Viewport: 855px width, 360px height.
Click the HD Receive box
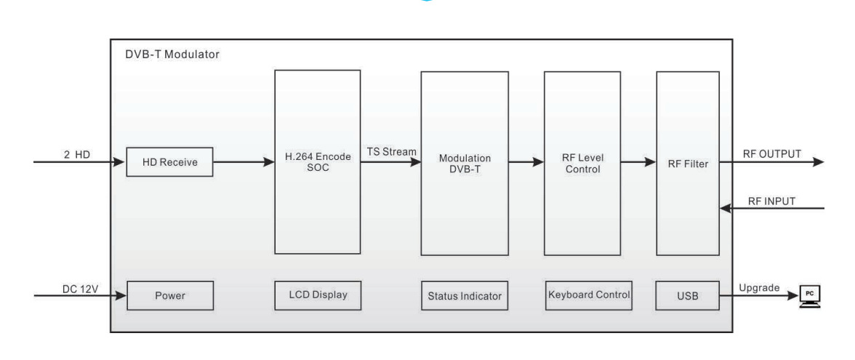170,162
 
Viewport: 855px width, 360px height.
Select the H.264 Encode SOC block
317,161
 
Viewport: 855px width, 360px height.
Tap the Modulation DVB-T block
465,163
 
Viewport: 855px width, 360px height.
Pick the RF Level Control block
582,163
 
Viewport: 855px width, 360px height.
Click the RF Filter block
687,163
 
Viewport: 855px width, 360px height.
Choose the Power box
170,296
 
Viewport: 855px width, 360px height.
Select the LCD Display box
317,295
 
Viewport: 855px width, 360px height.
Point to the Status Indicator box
465,296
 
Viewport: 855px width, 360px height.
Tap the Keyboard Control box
588,295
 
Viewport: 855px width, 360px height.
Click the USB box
687,296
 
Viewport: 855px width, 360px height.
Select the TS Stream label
391,151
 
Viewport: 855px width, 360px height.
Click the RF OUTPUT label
772,153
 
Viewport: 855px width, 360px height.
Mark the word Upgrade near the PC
759,288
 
